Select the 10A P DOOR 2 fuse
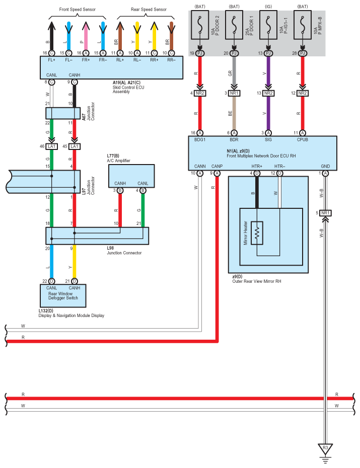[x=200, y=25]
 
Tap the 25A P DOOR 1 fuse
[x=234, y=25]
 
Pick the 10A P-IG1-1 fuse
[x=268, y=25]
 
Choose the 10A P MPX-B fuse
[x=303, y=25]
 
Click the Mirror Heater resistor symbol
[x=257, y=233]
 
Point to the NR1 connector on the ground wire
[x=325, y=213]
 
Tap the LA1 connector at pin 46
[x=52, y=146]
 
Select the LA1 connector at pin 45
[x=75, y=146]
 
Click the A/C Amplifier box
[x=131, y=176]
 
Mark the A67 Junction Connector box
[x=63, y=113]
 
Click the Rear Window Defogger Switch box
[x=63, y=296]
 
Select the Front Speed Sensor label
[x=78, y=10]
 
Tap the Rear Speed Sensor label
[x=149, y=10]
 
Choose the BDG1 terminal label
[x=200, y=140]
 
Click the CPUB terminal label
[x=303, y=140]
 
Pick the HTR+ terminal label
[x=257, y=166]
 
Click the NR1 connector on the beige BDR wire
[x=234, y=94]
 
